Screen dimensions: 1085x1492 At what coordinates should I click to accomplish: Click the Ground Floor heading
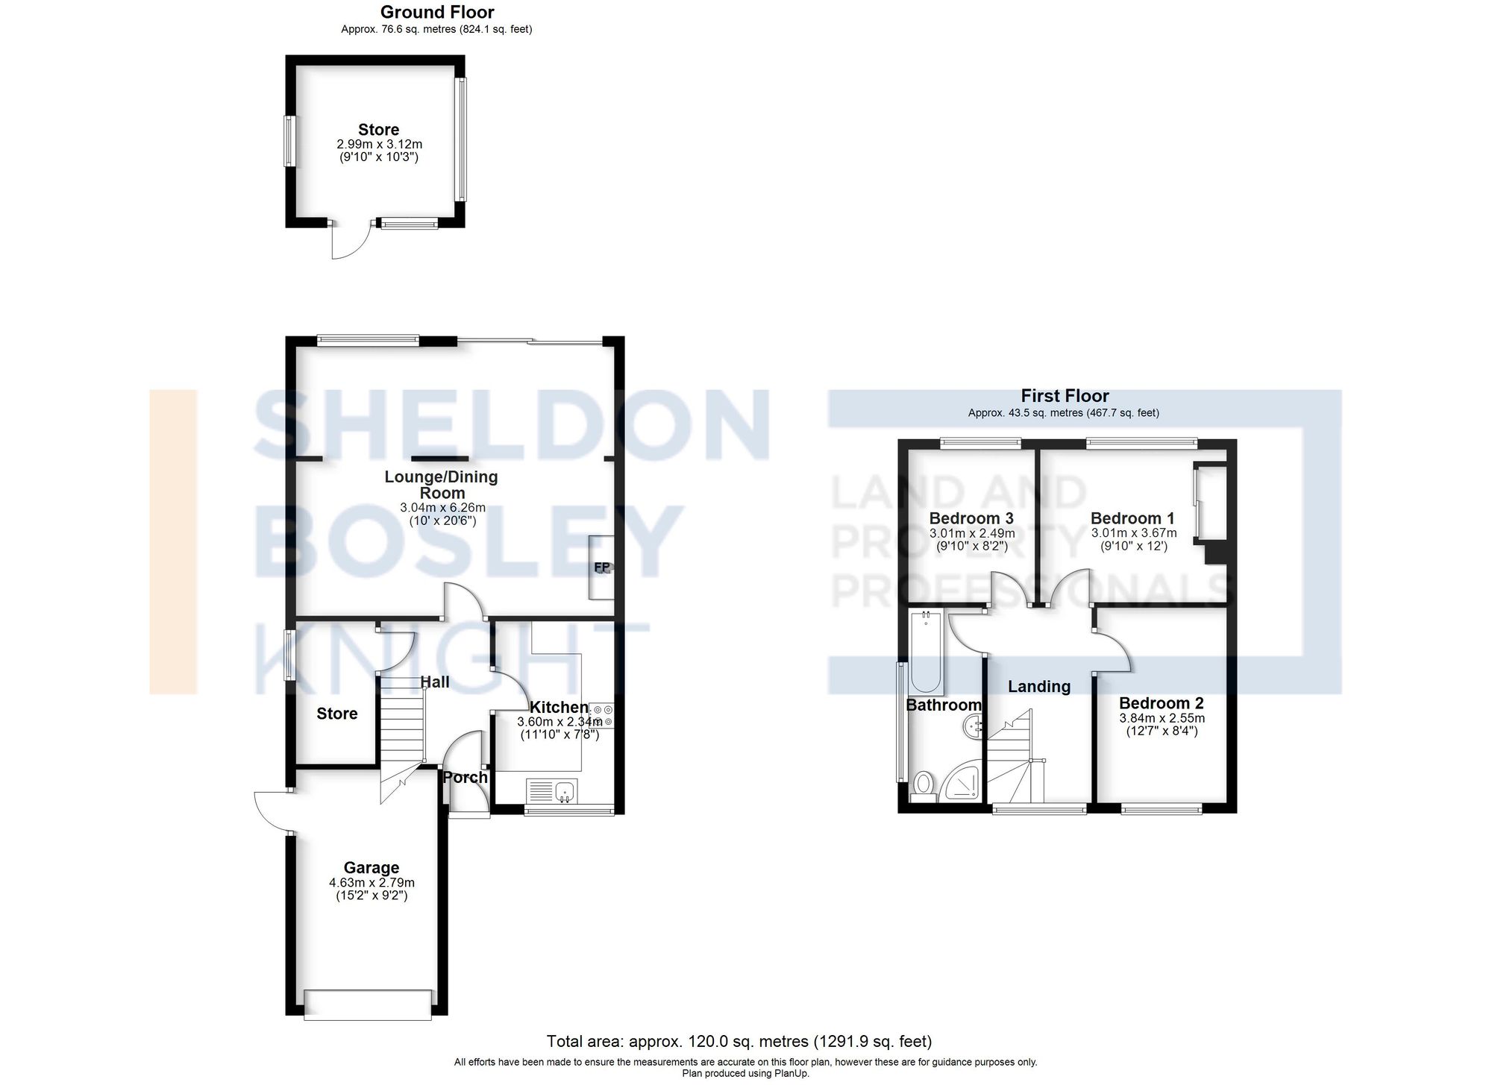pyautogui.click(x=436, y=12)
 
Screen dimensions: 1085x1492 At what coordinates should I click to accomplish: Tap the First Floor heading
pyautogui.click(x=1065, y=396)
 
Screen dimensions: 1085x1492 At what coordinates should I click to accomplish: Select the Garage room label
pyautogui.click(x=371, y=867)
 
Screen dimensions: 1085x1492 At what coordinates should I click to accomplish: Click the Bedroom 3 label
pyautogui.click(x=971, y=518)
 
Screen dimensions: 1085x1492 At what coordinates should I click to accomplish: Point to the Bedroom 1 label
pyautogui.click(x=1132, y=518)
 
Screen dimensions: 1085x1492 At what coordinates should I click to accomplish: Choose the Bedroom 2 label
pyautogui.click(x=1161, y=703)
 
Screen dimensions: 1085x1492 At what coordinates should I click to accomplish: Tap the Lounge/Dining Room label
pyautogui.click(x=442, y=485)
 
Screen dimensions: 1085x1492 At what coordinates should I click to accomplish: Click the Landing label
pyautogui.click(x=1038, y=686)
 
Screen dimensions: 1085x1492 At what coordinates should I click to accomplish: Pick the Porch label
pyautogui.click(x=465, y=777)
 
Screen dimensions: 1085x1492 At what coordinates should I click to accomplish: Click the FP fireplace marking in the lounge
pyautogui.click(x=602, y=567)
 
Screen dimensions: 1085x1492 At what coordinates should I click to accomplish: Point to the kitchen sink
pyautogui.click(x=552, y=790)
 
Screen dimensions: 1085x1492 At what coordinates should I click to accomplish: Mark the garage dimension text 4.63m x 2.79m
pyautogui.click(x=372, y=882)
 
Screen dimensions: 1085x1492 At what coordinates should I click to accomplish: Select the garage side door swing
pyautogui.click(x=271, y=811)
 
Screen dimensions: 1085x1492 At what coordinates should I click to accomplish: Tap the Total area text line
pyautogui.click(x=739, y=1041)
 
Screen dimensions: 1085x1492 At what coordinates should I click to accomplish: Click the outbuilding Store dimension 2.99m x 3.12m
pyautogui.click(x=379, y=144)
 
